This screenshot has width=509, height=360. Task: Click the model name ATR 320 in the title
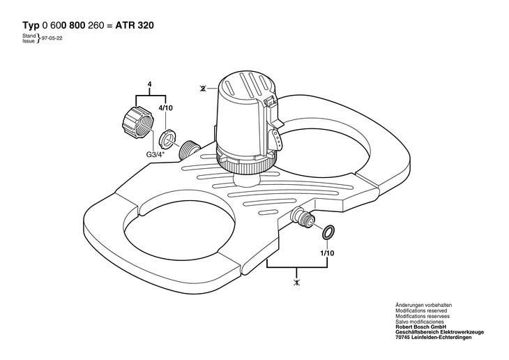[135, 26]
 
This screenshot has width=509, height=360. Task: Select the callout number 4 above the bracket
[150, 84]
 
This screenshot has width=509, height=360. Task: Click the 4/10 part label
[165, 108]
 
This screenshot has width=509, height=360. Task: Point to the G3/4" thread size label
[155, 155]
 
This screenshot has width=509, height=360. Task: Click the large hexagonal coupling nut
[137, 122]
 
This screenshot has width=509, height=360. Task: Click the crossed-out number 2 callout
[203, 88]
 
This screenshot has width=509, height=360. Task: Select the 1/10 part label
[327, 253]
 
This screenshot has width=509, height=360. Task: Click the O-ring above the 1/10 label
[328, 232]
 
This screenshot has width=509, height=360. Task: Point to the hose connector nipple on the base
[303, 217]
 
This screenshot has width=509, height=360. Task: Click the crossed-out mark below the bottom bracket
[296, 283]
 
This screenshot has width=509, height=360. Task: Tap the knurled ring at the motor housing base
[247, 166]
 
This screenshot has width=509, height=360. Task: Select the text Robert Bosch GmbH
[421, 327]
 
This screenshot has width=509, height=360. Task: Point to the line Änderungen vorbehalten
[423, 305]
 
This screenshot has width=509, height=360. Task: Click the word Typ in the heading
[31, 26]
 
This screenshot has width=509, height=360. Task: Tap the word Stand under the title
[29, 36]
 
